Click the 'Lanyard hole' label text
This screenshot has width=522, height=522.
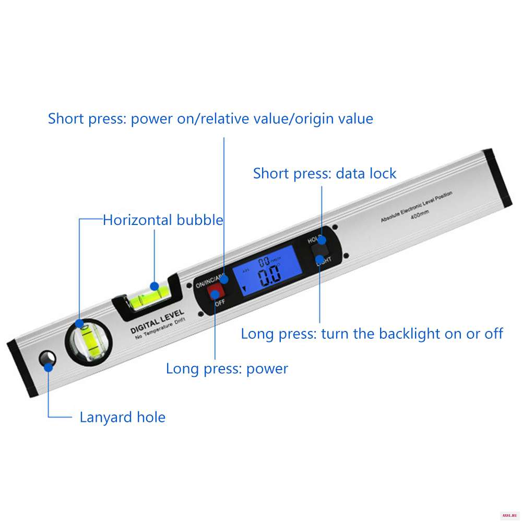[x=122, y=418]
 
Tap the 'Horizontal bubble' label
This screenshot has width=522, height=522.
[x=163, y=220]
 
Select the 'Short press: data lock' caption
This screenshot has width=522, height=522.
[x=325, y=173]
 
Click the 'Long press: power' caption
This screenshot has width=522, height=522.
[x=227, y=369]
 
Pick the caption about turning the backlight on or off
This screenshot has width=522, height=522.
[x=372, y=334]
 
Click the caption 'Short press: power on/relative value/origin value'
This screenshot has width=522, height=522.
[x=210, y=118]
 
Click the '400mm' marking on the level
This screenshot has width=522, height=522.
[x=419, y=215]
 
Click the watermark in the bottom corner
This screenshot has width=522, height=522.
[x=509, y=515]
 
